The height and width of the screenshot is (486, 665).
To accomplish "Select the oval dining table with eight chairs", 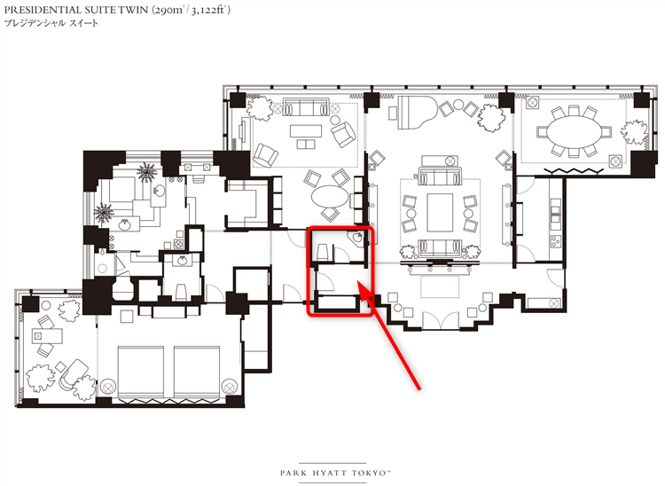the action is pos(574,132).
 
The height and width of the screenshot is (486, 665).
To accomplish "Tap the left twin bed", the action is pos(140,373).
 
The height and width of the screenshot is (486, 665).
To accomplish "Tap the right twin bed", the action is pos(197,373).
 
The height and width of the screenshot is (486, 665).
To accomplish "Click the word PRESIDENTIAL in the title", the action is pos(39,10).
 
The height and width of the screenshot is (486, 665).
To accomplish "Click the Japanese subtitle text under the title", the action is pos(51,23).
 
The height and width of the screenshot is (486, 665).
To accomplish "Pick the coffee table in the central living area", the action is pos(440,212).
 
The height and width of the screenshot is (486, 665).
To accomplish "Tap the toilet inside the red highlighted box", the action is pos(322,252).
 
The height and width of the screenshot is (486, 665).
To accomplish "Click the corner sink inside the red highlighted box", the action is pos(356,239).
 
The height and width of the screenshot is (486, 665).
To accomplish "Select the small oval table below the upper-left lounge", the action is pos(330,196).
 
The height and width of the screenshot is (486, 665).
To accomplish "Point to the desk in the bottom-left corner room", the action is pos(47,336).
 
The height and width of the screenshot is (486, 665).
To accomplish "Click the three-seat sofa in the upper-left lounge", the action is pos(306,107).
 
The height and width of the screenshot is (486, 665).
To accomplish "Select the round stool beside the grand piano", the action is pos(458,104).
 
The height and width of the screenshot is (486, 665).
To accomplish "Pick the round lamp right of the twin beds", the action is pos(230,387).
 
